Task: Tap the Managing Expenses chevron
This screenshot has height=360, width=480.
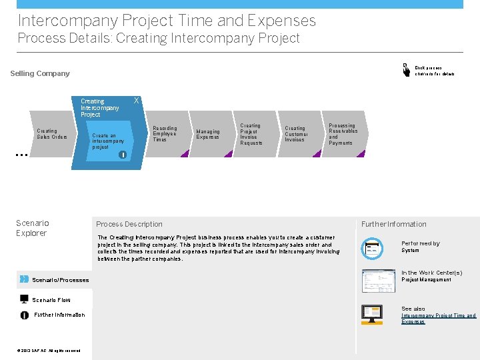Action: tap(208, 134)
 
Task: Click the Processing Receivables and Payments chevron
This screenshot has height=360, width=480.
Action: tap(343, 134)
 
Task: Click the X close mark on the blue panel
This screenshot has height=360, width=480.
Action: tap(137, 101)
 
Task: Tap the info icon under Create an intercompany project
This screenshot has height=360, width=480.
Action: tap(123, 155)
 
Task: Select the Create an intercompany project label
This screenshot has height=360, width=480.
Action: tap(108, 141)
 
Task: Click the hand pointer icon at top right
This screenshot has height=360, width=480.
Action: tap(406, 69)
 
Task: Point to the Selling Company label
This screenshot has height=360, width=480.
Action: tap(40, 73)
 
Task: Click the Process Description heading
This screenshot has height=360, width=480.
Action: tap(129, 224)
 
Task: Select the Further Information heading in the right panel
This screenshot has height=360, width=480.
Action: tap(393, 224)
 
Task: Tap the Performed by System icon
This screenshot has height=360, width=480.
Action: tap(371, 248)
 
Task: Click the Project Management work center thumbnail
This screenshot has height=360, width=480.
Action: tap(378, 281)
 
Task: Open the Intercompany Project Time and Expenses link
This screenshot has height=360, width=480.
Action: tap(438, 319)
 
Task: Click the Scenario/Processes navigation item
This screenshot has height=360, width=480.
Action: tap(60, 280)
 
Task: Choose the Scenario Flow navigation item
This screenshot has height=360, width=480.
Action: tap(51, 300)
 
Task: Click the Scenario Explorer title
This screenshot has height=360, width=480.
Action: tap(32, 228)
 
